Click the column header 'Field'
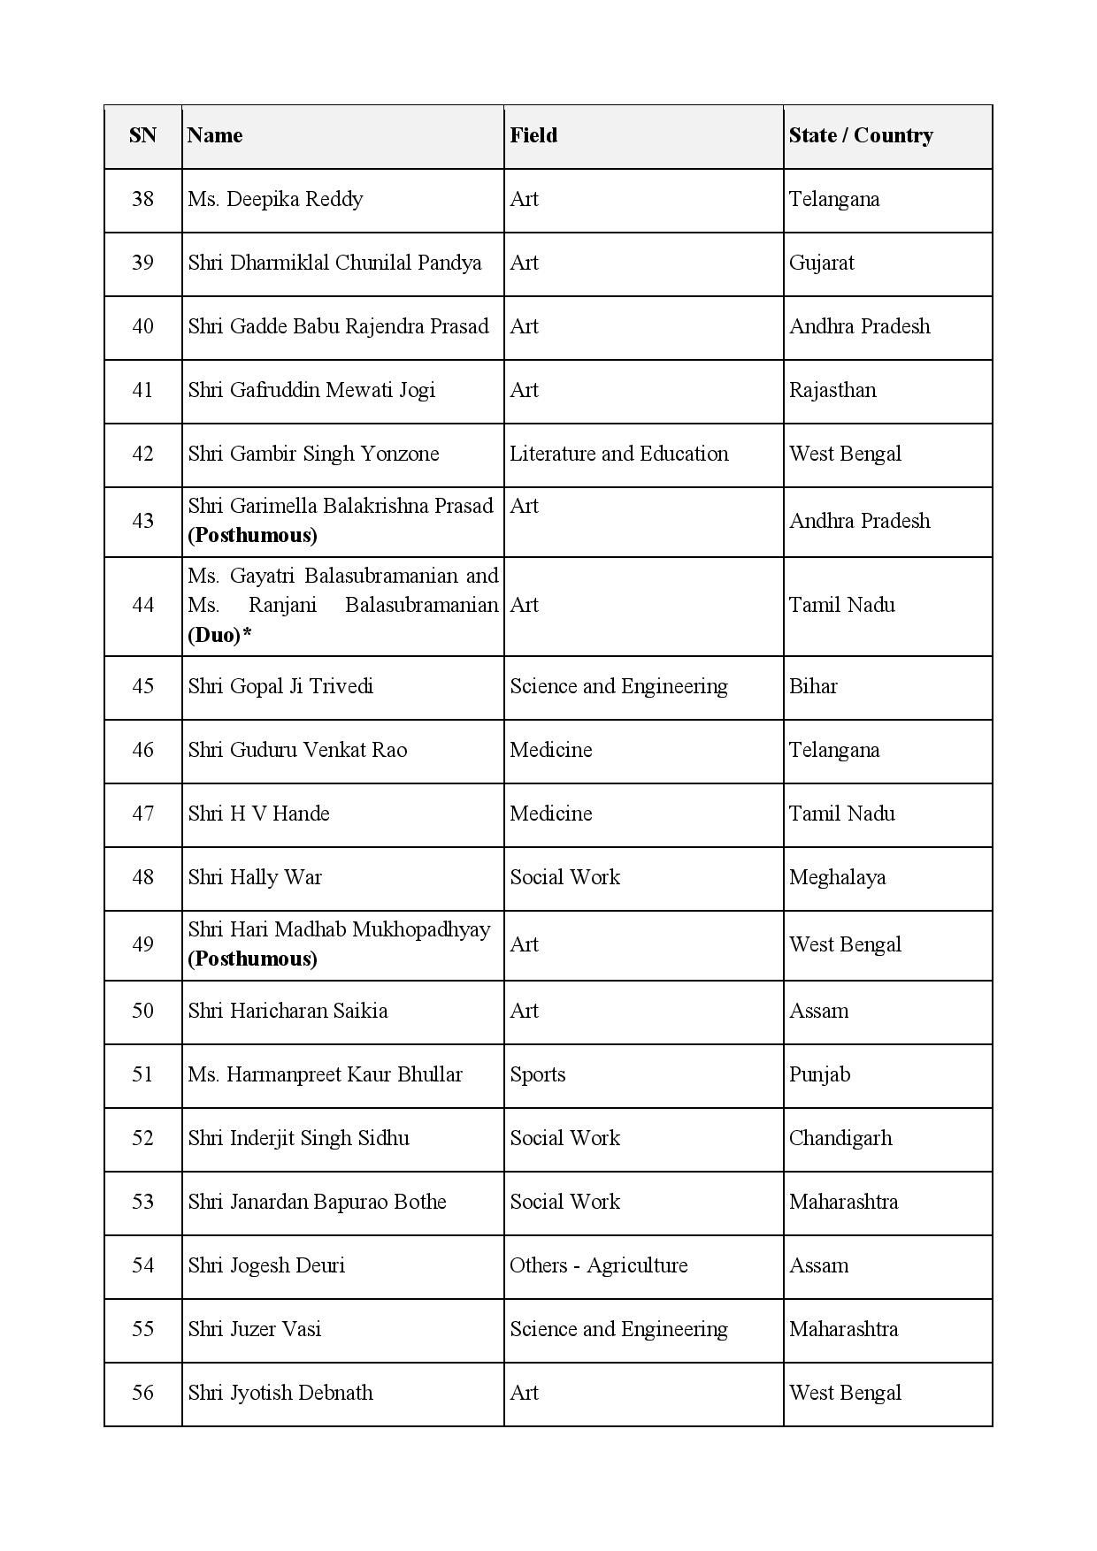pyautogui.click(x=533, y=135)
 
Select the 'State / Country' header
pyautogui.click(x=860, y=135)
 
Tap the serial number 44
pyautogui.click(x=142, y=605)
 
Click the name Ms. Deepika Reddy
pyautogui.click(x=275, y=199)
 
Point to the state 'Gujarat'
pyautogui.click(x=821, y=263)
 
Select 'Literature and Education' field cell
pyautogui.click(x=618, y=454)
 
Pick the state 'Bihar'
pyautogui.click(x=812, y=686)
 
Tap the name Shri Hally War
pyautogui.click(x=255, y=877)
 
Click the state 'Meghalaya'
pyautogui.click(x=837, y=877)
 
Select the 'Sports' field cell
pyautogui.click(x=537, y=1074)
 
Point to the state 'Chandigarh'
pyautogui.click(x=840, y=1138)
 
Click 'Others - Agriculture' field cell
pyautogui.click(x=598, y=1265)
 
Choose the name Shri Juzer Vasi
pyautogui.click(x=254, y=1329)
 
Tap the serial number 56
pyautogui.click(x=142, y=1393)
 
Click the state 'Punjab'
pyautogui.click(x=819, y=1074)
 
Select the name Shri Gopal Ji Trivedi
pyautogui.click(x=280, y=686)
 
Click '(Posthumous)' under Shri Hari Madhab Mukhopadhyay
pyautogui.click(x=252, y=959)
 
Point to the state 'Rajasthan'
pyautogui.click(x=832, y=390)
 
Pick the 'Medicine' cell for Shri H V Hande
pyautogui.click(x=550, y=814)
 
